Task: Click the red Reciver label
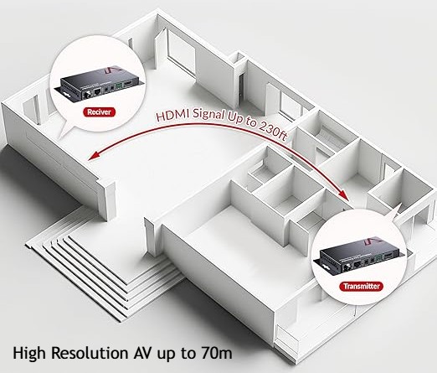point(99,112)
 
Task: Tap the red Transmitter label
point(362,286)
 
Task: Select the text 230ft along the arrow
point(273,131)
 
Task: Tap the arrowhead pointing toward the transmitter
point(345,194)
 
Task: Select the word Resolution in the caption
point(90,353)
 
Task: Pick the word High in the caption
point(29,354)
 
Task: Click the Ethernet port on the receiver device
point(97,91)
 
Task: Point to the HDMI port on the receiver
point(128,84)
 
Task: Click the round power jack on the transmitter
point(347,267)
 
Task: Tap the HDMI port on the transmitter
point(388,256)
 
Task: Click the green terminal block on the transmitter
point(378,259)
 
